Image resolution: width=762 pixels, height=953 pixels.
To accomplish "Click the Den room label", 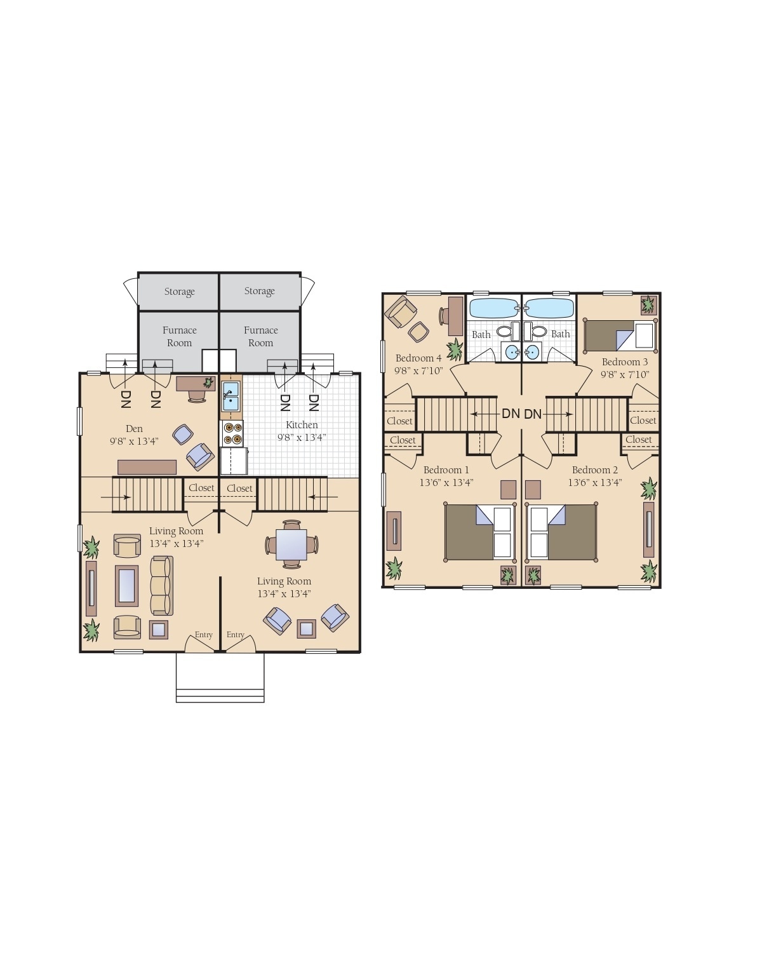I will (x=134, y=429).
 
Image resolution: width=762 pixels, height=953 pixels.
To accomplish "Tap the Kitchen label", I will (x=302, y=425).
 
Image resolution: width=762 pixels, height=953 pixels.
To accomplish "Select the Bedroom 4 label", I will (x=418, y=358).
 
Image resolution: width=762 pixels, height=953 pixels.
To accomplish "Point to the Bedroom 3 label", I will (x=625, y=362).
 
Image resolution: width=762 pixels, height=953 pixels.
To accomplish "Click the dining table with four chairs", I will (x=291, y=544).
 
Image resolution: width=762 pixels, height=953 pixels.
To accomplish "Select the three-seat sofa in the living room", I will (x=161, y=585).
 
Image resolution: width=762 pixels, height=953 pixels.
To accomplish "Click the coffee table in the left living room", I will (x=126, y=585).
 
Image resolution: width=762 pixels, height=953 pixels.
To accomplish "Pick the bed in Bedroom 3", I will (x=620, y=335).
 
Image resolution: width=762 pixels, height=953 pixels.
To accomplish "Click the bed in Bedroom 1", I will (x=480, y=532).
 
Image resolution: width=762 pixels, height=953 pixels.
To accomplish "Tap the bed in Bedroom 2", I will (x=563, y=532).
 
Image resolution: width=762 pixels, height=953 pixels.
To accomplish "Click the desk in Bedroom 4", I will (x=455, y=316).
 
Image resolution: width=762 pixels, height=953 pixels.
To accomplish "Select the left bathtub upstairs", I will (x=493, y=309).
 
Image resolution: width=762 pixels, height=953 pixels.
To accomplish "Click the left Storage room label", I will (x=179, y=292).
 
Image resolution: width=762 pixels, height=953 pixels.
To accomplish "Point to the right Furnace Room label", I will (x=260, y=336).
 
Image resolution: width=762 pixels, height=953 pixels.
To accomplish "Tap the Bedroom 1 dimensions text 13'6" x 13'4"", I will (x=446, y=482).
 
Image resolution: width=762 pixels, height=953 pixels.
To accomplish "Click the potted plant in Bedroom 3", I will (x=648, y=306).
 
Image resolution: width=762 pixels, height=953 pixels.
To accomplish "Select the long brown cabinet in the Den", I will (x=147, y=467).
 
